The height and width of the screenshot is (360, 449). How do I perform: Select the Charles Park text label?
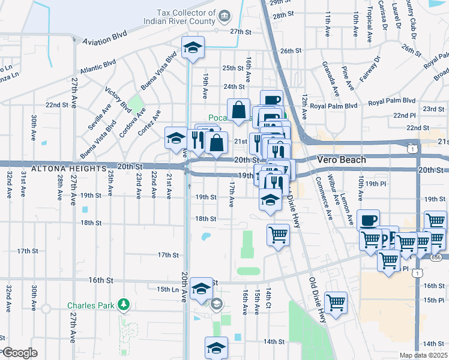[91, 305]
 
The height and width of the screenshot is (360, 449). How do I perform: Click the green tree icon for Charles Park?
[124, 305]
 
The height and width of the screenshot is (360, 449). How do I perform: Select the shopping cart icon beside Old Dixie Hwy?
[336, 303]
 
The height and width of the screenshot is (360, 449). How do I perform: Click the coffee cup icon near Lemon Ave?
[368, 220]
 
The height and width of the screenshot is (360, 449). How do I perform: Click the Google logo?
[20, 353]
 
